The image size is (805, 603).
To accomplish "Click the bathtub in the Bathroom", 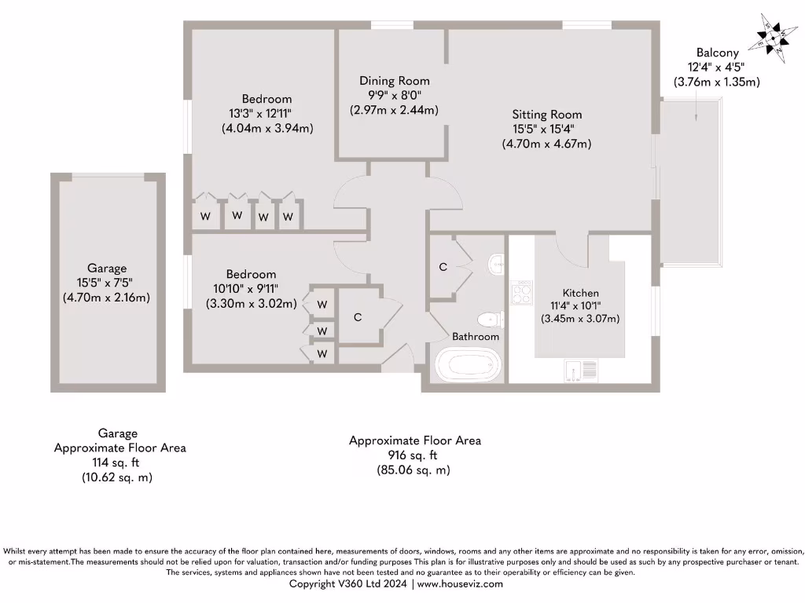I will click(x=467, y=365).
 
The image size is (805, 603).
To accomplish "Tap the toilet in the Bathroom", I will click(x=491, y=320).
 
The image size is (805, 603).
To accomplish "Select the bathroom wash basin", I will click(x=497, y=264).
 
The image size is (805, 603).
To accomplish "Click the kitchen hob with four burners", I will click(x=521, y=294).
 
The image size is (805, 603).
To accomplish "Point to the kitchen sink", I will click(x=580, y=368).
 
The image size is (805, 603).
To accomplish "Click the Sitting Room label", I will click(x=547, y=115).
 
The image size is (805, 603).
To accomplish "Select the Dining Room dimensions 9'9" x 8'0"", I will click(x=394, y=96).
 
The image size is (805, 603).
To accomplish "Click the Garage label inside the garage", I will click(x=107, y=269).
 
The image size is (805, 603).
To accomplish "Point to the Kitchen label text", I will click(x=580, y=293).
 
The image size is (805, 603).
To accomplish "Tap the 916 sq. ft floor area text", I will click(x=414, y=455).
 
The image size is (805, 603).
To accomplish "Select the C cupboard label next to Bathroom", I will click(x=443, y=267).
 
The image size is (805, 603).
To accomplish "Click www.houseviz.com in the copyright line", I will click(x=459, y=584).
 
